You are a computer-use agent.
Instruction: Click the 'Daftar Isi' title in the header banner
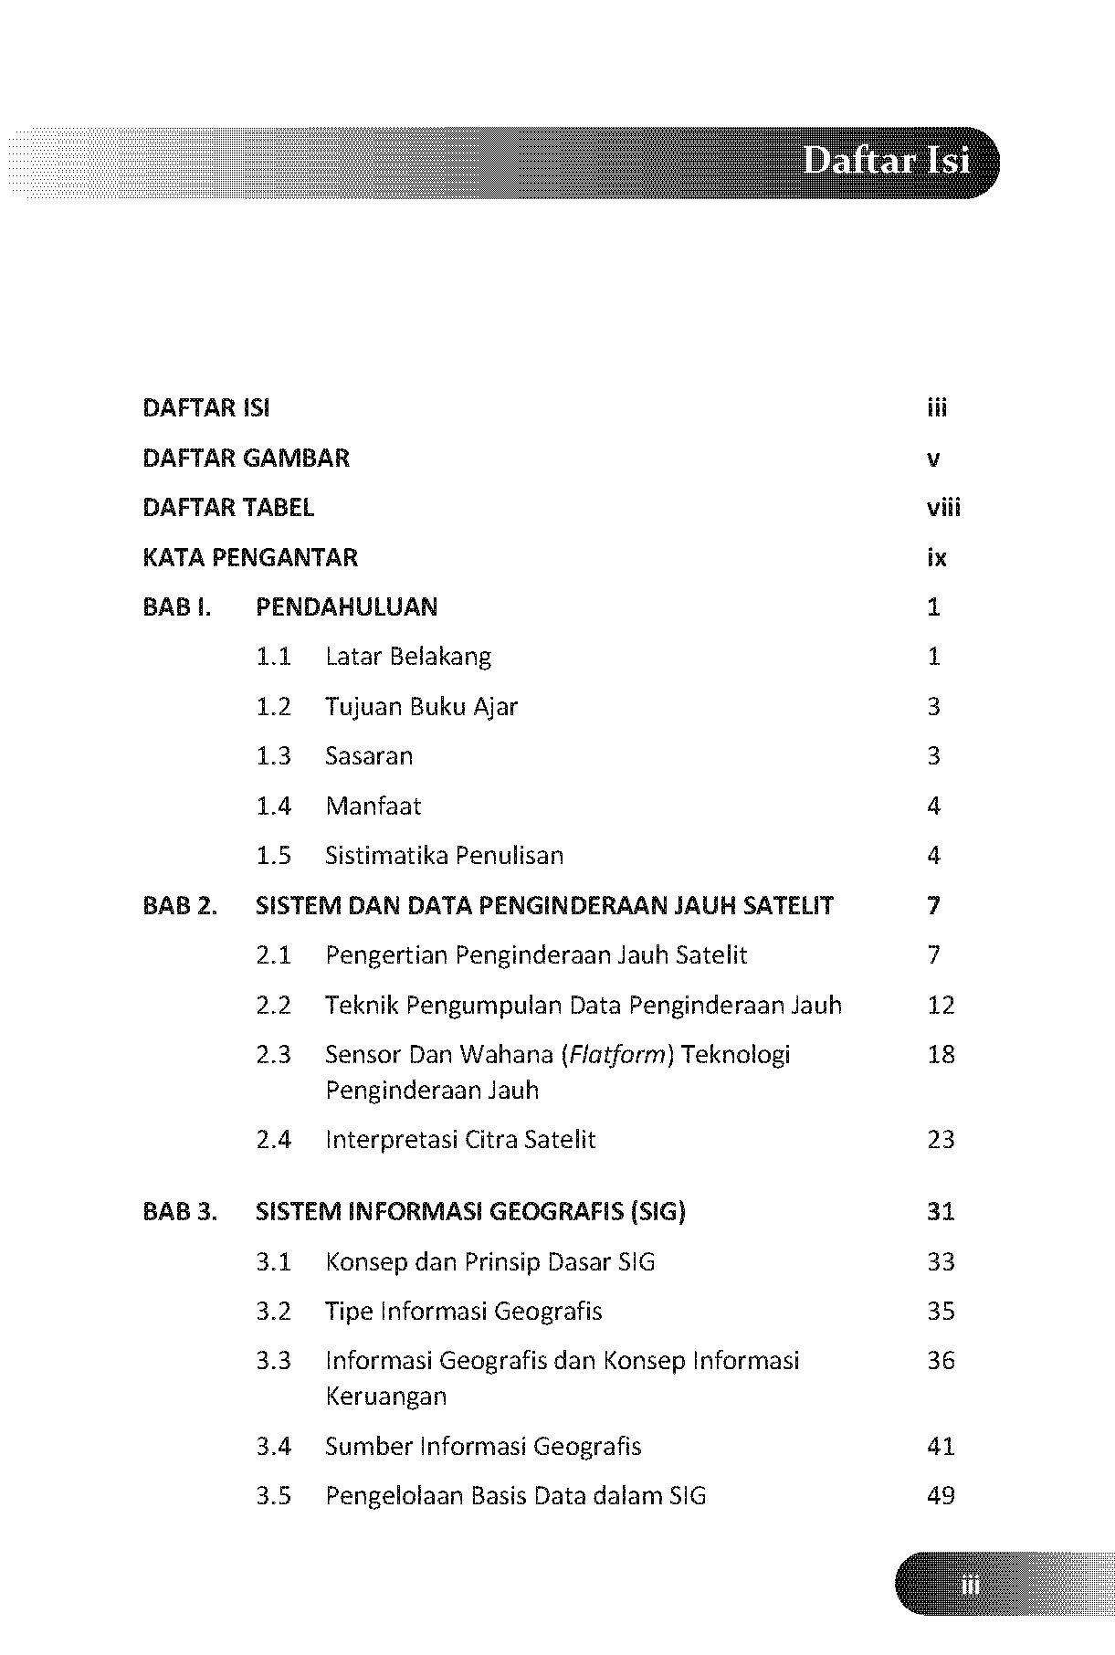[886, 163]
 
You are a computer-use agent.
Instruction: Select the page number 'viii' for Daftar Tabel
[943, 508]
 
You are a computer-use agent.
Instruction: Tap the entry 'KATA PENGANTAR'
[250, 557]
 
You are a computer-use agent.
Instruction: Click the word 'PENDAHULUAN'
[346, 607]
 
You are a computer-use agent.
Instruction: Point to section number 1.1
[273, 657]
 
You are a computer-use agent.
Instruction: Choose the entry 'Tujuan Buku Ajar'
[421, 707]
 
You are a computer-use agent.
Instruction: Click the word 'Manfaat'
[373, 806]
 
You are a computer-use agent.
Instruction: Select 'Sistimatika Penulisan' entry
[444, 856]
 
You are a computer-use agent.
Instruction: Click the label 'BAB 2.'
[180, 906]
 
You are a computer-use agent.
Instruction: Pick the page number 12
[941, 1006]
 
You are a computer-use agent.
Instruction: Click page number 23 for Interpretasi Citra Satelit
[941, 1140]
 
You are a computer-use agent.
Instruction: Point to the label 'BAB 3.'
[180, 1212]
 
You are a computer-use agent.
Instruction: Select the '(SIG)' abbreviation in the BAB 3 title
[657, 1212]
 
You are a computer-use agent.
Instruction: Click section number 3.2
[273, 1312]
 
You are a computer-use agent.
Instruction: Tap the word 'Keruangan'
[386, 1397]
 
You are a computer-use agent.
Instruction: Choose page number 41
[941, 1447]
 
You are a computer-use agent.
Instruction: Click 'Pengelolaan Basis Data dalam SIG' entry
[515, 1496]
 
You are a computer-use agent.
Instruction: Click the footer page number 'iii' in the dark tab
[970, 1586]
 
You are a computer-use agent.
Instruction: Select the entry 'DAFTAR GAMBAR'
[246, 458]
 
